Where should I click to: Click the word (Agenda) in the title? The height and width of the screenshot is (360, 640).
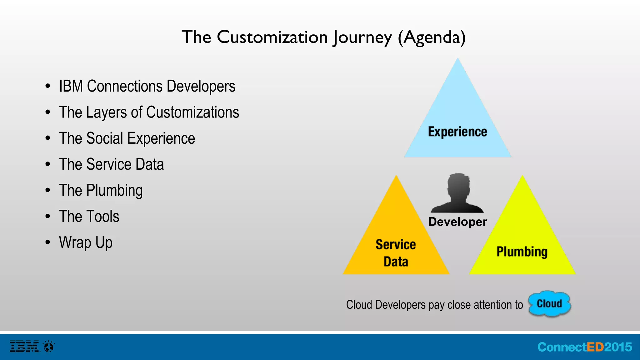(x=432, y=37)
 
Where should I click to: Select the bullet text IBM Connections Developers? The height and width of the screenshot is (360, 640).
(x=147, y=87)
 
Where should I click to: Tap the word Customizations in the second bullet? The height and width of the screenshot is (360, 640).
(x=192, y=112)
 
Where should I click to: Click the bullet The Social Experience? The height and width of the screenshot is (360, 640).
(x=127, y=138)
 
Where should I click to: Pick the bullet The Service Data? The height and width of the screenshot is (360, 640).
(x=111, y=164)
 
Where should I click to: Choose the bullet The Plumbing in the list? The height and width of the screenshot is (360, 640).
(x=101, y=191)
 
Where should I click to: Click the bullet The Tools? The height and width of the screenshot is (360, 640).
(x=89, y=217)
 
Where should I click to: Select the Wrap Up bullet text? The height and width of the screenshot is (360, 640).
(x=86, y=243)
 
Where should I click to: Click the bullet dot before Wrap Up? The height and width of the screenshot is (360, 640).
(x=47, y=242)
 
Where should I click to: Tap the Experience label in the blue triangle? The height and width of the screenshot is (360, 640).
(x=457, y=132)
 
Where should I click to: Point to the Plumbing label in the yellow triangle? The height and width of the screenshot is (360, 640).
(x=522, y=252)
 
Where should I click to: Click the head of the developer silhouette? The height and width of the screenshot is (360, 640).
(x=458, y=186)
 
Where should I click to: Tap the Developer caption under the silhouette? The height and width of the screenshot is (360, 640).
(x=457, y=222)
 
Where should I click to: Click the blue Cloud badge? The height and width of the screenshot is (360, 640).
(x=549, y=304)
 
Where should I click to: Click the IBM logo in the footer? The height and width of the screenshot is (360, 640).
(x=24, y=347)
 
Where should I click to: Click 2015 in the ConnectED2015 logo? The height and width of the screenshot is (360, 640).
(x=618, y=347)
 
